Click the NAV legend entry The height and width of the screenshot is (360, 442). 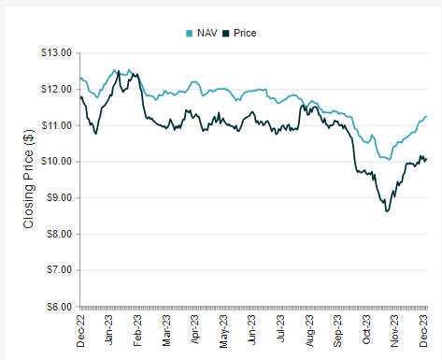click(202, 33)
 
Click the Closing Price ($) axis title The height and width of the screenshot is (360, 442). click(28, 179)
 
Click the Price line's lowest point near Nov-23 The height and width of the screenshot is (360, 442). click(387, 211)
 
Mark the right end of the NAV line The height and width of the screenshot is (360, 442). click(427, 117)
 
